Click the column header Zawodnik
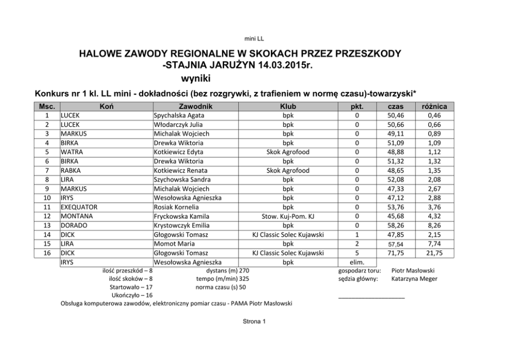coord(195,106)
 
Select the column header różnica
coord(434,106)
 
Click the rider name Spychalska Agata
coord(175,116)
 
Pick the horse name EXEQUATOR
coord(79,207)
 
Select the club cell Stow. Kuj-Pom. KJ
coord(288,216)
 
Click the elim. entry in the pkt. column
coord(357,262)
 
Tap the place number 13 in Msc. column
coord(47,225)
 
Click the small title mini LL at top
coord(254,39)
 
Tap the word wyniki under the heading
coord(196,79)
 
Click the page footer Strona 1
coord(254,322)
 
